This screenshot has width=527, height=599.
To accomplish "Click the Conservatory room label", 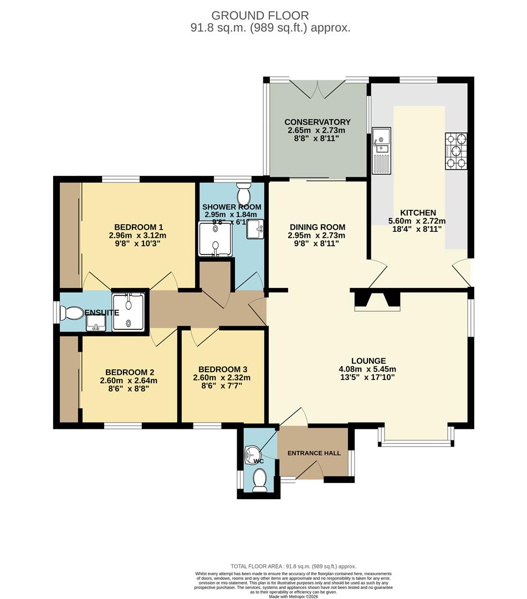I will click(317, 122).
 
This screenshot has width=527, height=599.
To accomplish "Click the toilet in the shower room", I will click(243, 194).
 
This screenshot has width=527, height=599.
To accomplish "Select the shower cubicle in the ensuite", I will click(129, 312).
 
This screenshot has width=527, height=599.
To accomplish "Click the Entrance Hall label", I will click(314, 453).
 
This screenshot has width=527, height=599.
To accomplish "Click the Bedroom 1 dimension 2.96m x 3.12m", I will click(138, 236).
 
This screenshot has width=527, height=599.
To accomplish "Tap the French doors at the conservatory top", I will click(316, 88).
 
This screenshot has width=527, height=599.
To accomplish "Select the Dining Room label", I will click(318, 227).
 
